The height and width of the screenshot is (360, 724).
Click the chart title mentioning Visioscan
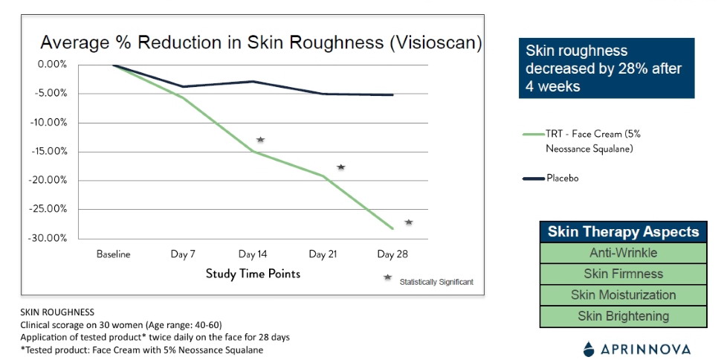pos(260,42)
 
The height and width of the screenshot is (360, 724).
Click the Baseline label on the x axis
pos(113,254)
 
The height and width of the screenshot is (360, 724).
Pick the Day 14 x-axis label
pos(253,254)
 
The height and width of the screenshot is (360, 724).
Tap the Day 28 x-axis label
pos(392,254)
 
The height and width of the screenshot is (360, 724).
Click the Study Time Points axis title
pos(253,274)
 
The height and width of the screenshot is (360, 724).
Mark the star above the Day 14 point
pos(260,140)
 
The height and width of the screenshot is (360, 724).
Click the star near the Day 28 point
pos(409,222)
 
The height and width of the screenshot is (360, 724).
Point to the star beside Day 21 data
pos(341,167)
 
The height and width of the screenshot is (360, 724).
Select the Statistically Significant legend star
pos(387,277)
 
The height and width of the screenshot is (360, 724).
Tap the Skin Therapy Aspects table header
pos(623,232)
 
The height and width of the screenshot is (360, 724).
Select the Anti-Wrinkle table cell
pos(623,253)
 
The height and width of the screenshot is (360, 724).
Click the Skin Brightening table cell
pos(623,316)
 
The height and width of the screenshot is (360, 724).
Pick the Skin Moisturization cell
pos(623,295)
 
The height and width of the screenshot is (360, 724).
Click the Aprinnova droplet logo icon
pos(589,348)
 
